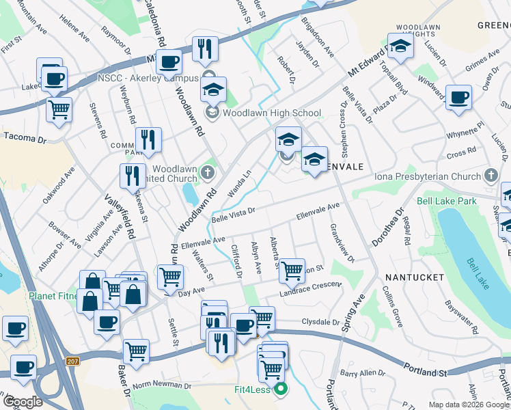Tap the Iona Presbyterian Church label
pos(428,176)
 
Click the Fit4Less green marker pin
pos(280,390)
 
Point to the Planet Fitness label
pos(27,297)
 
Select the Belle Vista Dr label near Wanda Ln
pos(233,215)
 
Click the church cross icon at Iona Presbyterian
pos(490,176)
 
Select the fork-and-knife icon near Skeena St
pos(133,175)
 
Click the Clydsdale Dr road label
pos(320,322)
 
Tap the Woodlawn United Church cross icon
pos(209,174)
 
